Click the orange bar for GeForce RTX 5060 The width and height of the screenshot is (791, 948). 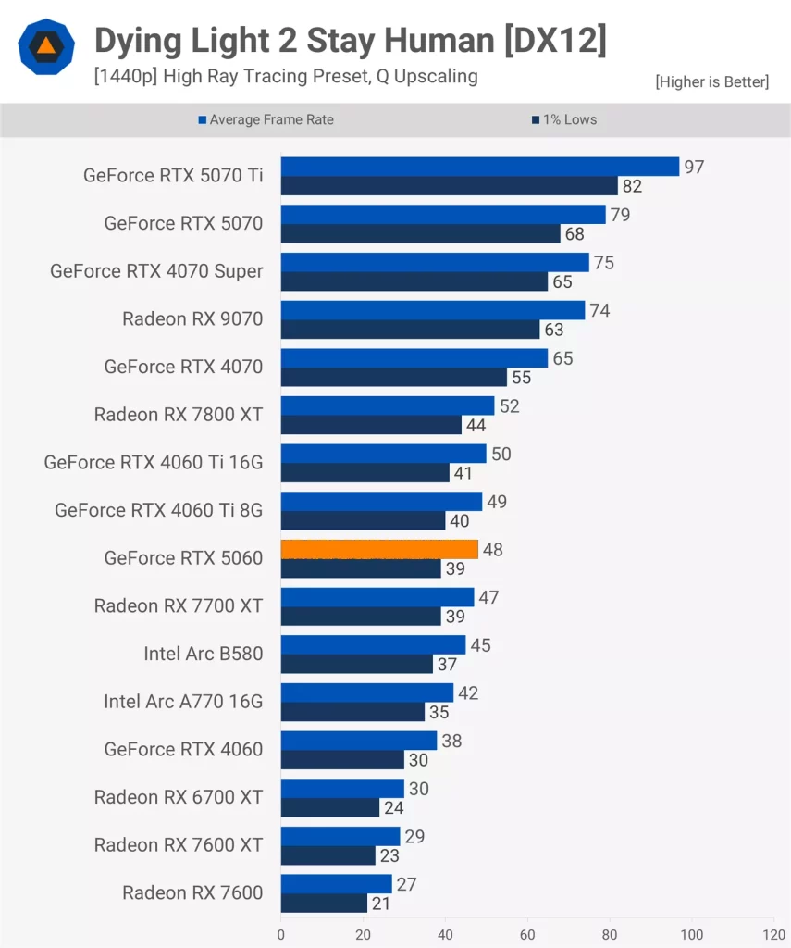pos(379,549)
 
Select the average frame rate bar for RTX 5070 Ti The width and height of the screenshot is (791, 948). pos(480,167)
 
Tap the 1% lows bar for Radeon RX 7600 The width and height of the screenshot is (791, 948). pos(324,903)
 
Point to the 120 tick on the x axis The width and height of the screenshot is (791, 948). pos(773,934)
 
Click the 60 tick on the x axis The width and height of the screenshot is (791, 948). pos(527,934)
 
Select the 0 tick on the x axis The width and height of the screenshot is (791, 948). pos(281,934)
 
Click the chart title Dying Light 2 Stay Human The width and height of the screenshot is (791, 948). pos(350,42)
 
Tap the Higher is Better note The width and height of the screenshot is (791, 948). pos(711,81)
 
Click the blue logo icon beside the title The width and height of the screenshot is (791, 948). pos(45,46)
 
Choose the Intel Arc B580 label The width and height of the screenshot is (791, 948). pos(203,654)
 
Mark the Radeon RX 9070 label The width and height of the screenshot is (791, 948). pos(192,319)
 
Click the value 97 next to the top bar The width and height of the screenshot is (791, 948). pos(694,167)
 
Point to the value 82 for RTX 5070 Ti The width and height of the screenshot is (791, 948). pos(632,186)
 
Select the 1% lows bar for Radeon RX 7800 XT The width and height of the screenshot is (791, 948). pos(371,425)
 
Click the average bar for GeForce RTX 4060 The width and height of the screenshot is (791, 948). pos(359,741)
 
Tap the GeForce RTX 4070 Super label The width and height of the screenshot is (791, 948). pos(156,271)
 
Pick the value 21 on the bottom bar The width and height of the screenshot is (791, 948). pos(381,903)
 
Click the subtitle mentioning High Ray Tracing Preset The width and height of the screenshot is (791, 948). pos(285,76)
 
